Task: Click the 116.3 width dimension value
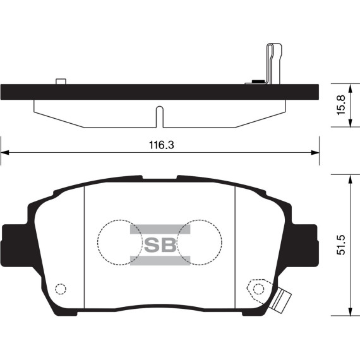click(162, 145)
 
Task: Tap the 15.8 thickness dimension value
click(341, 105)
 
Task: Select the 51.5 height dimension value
click(341, 245)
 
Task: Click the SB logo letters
click(160, 245)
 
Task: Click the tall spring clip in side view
click(273, 64)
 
